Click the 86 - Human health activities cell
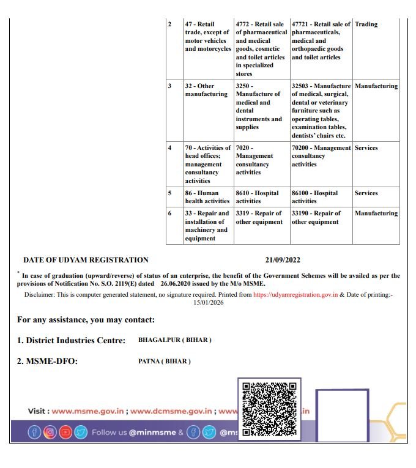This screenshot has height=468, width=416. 207,197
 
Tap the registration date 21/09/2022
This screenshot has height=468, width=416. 283,260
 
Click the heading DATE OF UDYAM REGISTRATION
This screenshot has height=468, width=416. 86,260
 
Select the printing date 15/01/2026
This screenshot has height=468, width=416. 209,302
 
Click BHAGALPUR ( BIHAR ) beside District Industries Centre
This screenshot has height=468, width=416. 175,340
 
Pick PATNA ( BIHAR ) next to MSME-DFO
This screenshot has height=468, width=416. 165,361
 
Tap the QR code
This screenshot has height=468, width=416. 269,408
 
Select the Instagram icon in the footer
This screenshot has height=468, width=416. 50,433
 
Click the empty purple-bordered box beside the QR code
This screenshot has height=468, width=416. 342,415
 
